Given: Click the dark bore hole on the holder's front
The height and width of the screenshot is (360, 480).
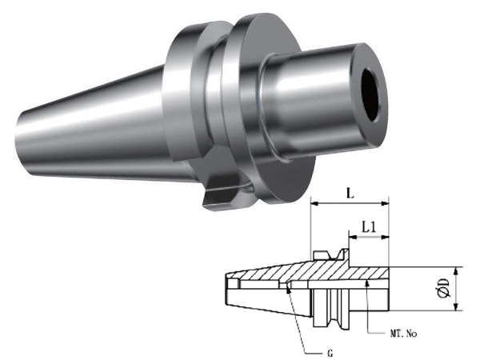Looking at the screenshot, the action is tap(372, 95).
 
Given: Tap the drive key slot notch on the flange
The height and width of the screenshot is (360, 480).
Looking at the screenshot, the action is tap(221, 194).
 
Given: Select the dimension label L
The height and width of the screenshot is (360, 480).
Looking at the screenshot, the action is tap(350, 194).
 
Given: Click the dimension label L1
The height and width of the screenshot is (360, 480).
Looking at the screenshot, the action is tap(369, 227).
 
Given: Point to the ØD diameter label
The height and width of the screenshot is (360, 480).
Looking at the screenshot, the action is tap(444, 288).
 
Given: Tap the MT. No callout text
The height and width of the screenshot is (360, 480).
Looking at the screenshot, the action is tap(403, 334).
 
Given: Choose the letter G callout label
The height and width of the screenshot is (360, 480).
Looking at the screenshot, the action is tap(330, 354).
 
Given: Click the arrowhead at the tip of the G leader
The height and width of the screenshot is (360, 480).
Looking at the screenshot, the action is tap(287, 289).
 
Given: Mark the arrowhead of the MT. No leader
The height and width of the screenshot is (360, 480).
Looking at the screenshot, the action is tap(367, 282).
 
